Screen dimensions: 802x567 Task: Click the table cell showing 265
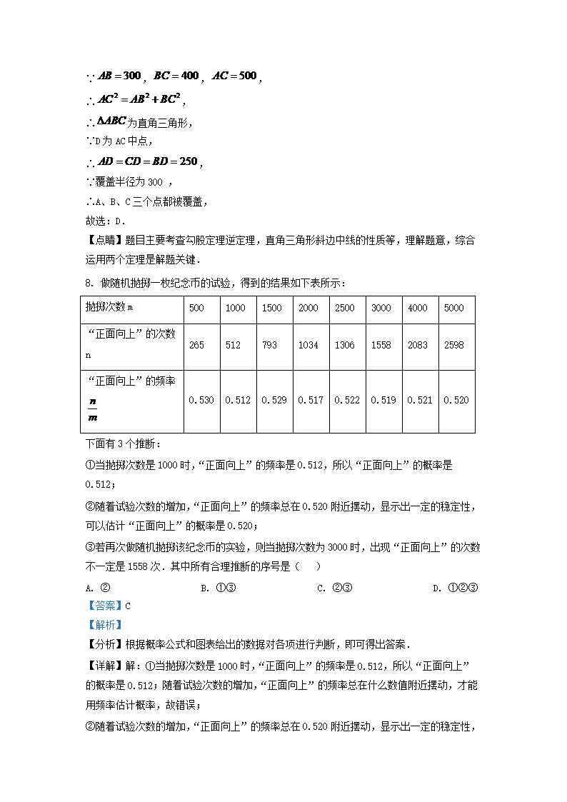click(x=196, y=345)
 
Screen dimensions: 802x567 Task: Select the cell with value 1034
click(x=308, y=345)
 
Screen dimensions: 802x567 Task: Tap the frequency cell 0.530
click(x=201, y=400)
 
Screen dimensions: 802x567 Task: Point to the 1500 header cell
click(x=271, y=308)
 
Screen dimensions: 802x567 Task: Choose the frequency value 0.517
click(x=310, y=400)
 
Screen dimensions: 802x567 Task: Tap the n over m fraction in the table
click(x=92, y=409)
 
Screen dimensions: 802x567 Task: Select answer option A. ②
click(x=96, y=588)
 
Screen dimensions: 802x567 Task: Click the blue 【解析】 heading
click(x=99, y=624)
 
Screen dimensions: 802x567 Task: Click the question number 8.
click(x=89, y=284)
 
